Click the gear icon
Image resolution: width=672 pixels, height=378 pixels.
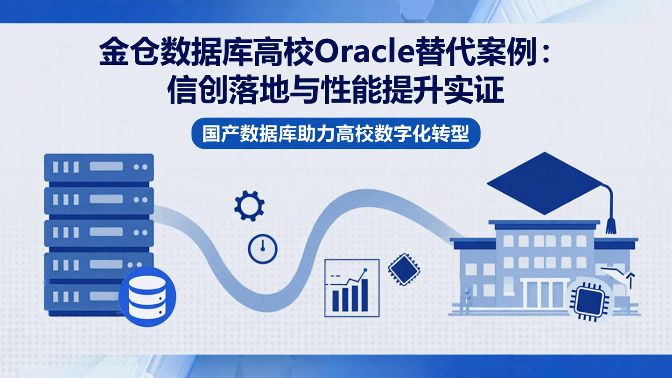pos(249,206)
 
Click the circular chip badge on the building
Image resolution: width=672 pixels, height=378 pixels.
pos(587,301)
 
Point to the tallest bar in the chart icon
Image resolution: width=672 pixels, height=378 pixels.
pos(364,295)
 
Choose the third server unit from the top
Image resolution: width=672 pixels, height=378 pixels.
pos(99,232)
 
